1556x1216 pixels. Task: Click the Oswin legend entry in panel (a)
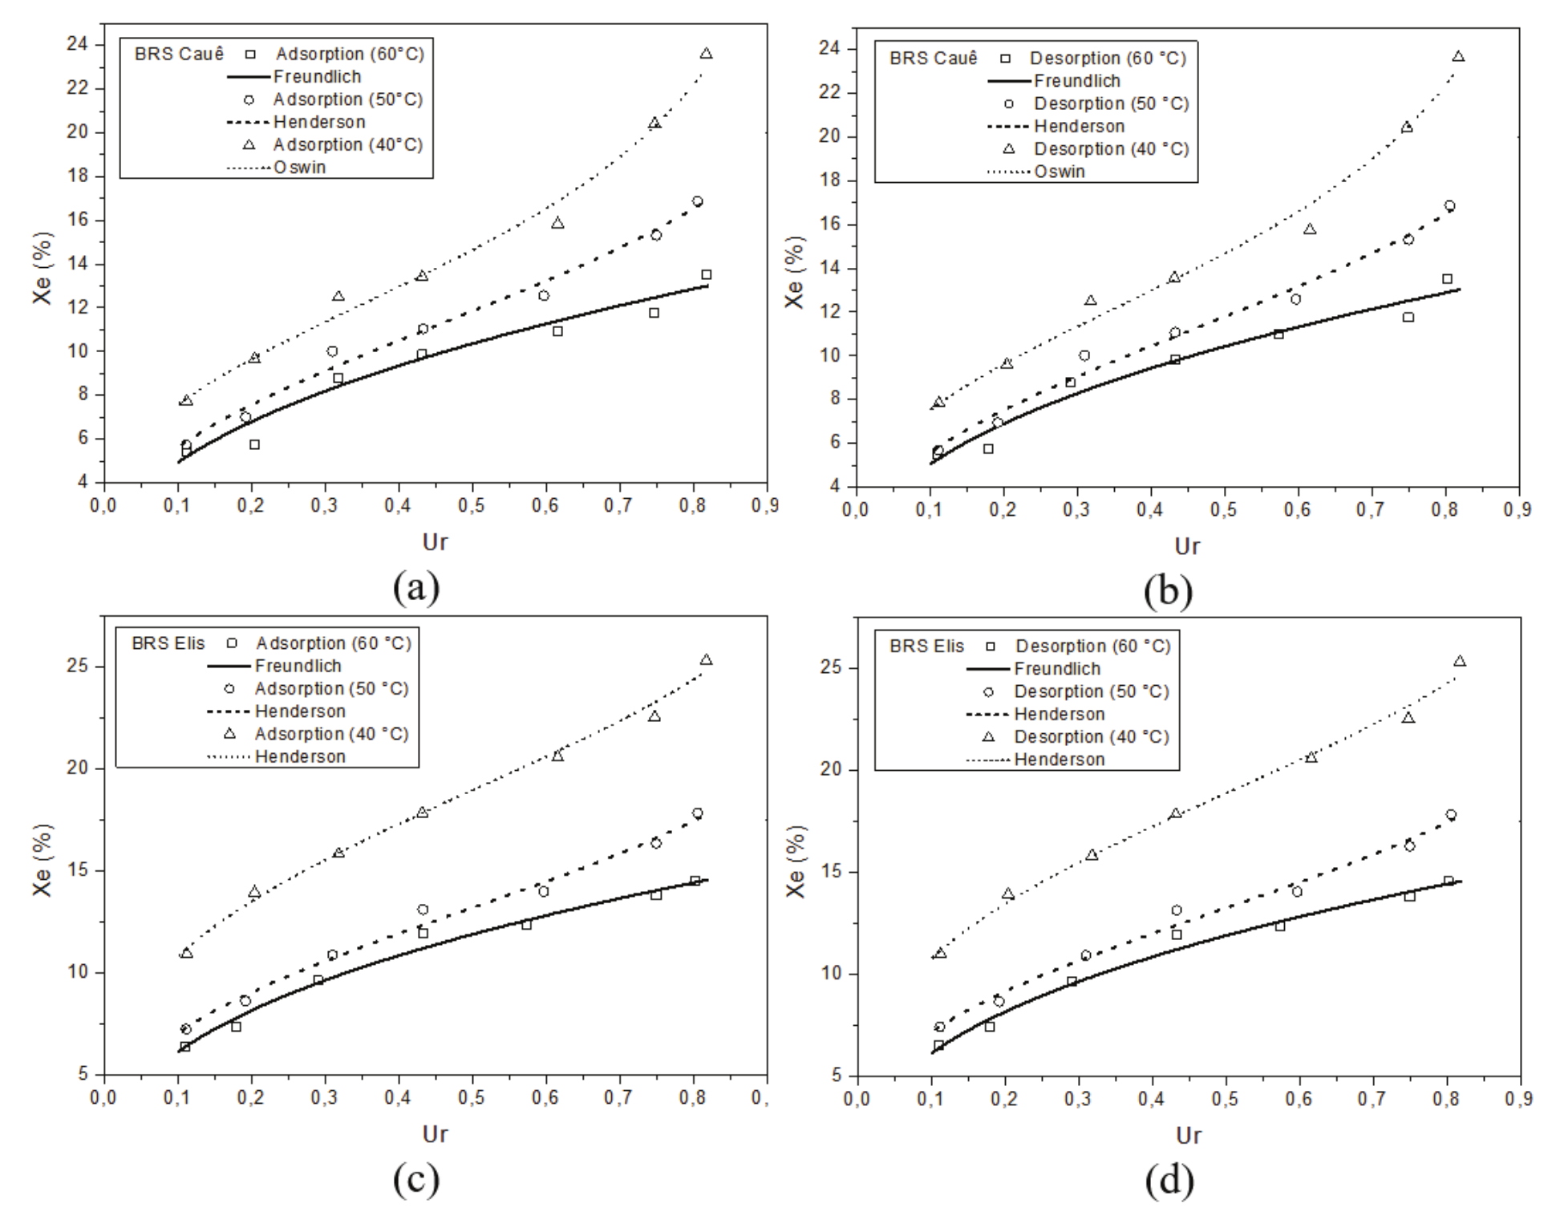tap(299, 168)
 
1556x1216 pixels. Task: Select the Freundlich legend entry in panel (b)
tap(1076, 81)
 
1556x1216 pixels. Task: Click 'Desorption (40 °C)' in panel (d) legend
tap(1091, 736)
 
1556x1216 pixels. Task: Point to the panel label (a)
tap(415, 588)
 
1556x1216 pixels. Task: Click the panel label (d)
tap(1169, 1180)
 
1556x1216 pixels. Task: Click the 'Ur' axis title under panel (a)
tap(435, 543)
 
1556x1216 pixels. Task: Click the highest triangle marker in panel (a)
tap(706, 54)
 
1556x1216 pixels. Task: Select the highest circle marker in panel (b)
tap(1449, 206)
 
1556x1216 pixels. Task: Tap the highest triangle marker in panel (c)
tap(706, 659)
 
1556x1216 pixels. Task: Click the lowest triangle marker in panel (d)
tap(940, 953)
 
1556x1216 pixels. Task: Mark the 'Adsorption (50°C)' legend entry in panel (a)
tap(347, 99)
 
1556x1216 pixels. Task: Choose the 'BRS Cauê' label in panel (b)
tap(933, 59)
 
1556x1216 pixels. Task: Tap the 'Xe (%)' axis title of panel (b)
tap(794, 273)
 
